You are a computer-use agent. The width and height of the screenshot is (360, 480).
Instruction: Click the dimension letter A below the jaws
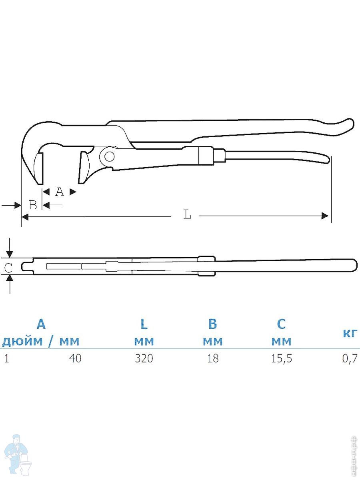pyautogui.click(x=60, y=192)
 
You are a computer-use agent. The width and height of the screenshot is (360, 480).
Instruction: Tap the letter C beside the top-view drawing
pyautogui.click(x=8, y=268)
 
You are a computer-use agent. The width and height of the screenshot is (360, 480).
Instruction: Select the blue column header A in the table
pyautogui.click(x=41, y=324)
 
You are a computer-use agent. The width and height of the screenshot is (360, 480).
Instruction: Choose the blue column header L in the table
pyautogui.click(x=144, y=324)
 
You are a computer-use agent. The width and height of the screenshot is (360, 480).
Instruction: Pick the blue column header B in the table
pyautogui.click(x=213, y=324)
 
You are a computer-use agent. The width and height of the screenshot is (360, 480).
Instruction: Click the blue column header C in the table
pyautogui.click(x=281, y=324)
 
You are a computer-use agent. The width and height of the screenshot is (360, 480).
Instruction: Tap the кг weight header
pyautogui.click(x=350, y=334)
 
